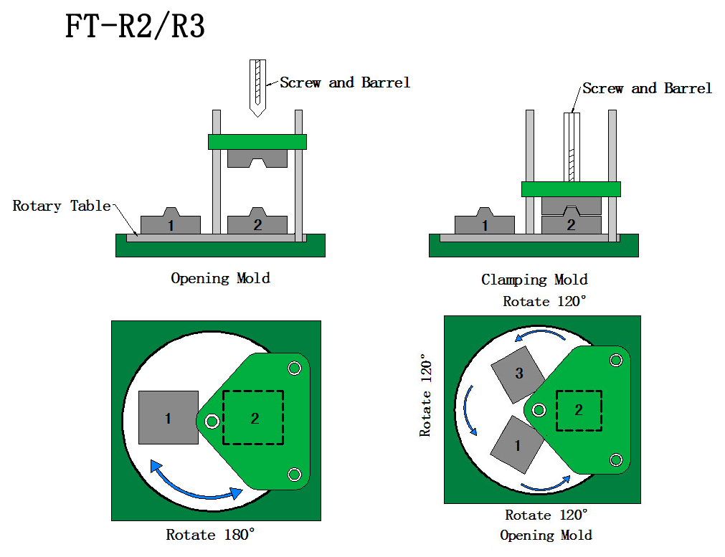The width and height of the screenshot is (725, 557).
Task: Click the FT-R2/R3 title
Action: pos(135,27)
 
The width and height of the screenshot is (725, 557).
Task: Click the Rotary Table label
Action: pos(62,206)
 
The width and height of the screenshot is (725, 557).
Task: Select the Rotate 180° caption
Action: pos(210,535)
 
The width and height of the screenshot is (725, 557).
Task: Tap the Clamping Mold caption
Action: pos(534,280)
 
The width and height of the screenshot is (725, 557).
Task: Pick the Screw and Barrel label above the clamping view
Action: pos(647,88)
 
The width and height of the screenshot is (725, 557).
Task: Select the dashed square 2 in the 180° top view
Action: pos(253,417)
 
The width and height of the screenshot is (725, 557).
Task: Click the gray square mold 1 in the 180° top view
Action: pos(169,417)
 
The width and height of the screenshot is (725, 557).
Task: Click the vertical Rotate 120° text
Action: pos(426,394)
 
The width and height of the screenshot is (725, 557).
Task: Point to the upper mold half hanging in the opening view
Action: pos(257,158)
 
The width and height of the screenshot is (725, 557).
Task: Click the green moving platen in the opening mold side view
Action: pos(257,141)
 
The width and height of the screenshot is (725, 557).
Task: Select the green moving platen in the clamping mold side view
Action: pos(570,189)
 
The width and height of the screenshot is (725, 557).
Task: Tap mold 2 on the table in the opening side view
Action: pos(257,223)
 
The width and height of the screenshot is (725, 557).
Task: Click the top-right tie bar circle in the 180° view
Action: pos(294,368)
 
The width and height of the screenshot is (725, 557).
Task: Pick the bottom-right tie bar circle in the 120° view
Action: pos(615,459)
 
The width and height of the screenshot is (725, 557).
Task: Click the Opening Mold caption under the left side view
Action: pos(220,278)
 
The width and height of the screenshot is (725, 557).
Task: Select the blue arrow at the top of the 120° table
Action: pos(541,335)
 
